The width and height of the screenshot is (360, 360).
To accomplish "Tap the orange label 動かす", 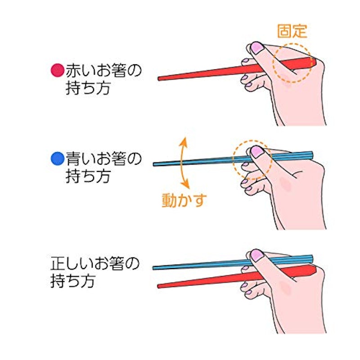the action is click(184, 200).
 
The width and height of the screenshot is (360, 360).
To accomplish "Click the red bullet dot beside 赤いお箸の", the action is click(57, 70).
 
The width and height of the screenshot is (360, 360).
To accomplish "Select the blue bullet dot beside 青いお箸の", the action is click(57, 158).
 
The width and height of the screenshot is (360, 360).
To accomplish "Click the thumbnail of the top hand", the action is click(256, 48).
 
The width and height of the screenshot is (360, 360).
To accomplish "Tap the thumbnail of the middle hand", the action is click(256, 152).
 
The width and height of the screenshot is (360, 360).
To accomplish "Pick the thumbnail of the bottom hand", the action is click(256, 255).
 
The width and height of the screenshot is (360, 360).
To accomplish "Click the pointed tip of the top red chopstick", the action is click(158, 79).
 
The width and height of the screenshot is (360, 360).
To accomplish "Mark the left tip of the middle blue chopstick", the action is click(154, 164).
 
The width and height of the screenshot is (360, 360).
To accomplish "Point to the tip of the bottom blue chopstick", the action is click(153, 268).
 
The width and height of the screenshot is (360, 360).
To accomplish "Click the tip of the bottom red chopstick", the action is click(158, 286).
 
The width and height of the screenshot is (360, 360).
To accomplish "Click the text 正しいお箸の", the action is click(95, 263).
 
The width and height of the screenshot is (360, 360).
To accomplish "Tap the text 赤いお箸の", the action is click(103, 70).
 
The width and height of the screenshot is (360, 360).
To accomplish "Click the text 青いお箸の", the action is click(103, 159).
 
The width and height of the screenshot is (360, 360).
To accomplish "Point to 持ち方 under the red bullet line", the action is click(88, 88).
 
